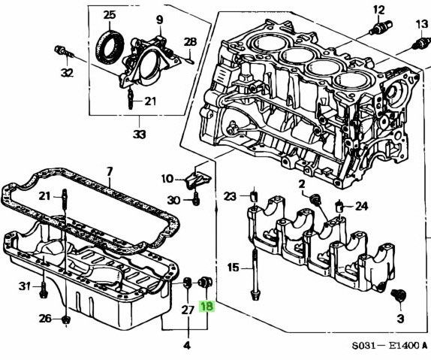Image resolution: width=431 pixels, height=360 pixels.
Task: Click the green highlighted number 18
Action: [x=207, y=307]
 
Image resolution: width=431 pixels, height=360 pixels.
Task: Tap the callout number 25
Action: [x=110, y=14]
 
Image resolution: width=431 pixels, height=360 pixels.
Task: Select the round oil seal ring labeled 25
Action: [x=110, y=47]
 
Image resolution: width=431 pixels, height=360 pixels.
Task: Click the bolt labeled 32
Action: [x=65, y=52]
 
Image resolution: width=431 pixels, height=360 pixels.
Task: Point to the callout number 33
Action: [x=140, y=135]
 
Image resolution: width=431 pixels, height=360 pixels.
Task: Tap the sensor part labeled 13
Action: [x=421, y=43]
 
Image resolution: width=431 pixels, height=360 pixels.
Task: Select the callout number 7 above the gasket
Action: [x=110, y=172]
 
